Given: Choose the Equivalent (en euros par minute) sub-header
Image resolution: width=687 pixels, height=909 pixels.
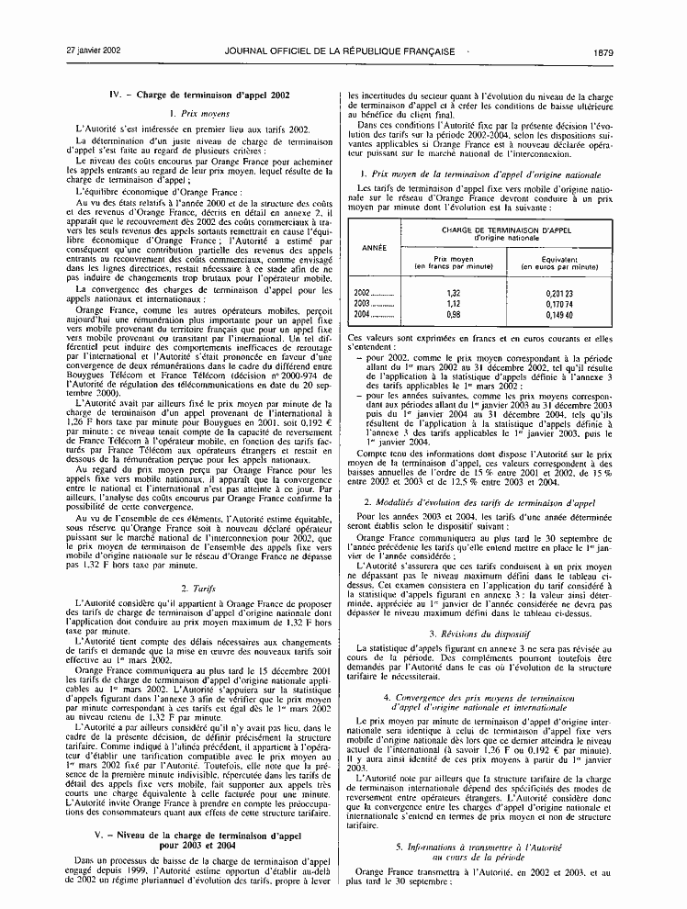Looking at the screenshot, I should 559,263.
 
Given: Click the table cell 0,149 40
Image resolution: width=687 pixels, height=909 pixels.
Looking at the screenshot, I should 559,314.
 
